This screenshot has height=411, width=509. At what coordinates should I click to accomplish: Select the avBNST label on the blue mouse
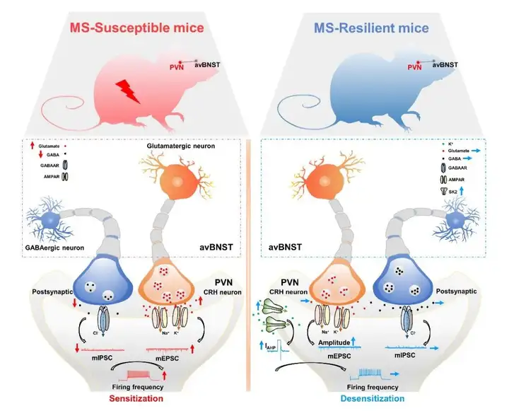click(444, 64)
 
